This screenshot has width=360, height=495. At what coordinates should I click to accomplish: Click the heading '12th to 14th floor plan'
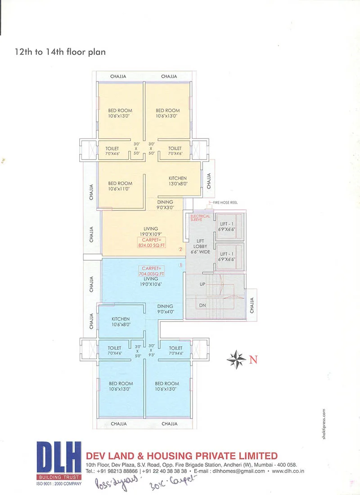(x=60, y=52)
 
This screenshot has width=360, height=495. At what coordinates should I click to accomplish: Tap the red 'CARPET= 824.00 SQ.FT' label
(x=151, y=243)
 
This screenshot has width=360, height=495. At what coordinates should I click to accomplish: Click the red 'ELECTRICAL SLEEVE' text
(x=200, y=218)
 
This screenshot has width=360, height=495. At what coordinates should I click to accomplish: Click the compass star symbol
(x=236, y=358)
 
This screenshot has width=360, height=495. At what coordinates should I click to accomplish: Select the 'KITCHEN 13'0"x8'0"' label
(x=178, y=181)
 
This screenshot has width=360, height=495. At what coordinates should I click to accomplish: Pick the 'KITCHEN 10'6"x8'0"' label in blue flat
(x=121, y=321)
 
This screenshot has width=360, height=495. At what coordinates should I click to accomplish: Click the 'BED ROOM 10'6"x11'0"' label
(x=120, y=186)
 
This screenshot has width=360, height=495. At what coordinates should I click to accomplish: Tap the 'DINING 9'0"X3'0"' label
(x=165, y=205)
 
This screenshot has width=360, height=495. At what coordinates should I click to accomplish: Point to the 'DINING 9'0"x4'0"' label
(x=165, y=309)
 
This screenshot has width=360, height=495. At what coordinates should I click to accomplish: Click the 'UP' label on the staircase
(x=202, y=285)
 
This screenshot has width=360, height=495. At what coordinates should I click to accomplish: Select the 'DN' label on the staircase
(x=202, y=305)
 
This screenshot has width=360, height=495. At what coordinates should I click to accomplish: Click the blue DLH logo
(x=59, y=458)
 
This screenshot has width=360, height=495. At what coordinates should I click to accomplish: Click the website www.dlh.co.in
(x=284, y=471)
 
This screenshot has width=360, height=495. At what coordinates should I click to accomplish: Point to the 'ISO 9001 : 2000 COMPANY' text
(x=59, y=484)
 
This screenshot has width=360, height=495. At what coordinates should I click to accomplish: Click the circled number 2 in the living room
(x=180, y=249)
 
